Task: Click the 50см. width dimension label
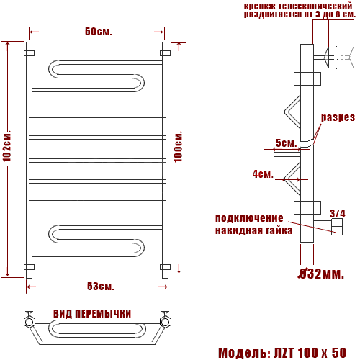99,32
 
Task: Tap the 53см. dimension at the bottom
100,286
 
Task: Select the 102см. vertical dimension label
7,146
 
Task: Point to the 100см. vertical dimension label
178,146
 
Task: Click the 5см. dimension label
286,143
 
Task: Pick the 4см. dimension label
263,174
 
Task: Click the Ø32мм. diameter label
321,274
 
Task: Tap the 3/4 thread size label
338,213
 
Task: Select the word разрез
338,117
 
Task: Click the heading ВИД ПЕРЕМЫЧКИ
92,314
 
